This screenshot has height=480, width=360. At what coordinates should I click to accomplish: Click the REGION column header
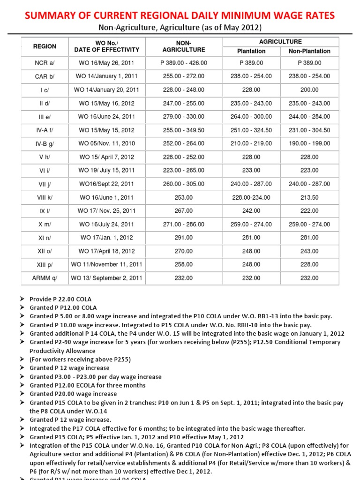click(45, 46)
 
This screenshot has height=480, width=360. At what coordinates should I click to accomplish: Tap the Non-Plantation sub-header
click(309, 51)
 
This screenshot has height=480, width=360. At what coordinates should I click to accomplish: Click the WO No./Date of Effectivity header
click(107, 46)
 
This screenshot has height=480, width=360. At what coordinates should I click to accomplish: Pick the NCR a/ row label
click(45, 63)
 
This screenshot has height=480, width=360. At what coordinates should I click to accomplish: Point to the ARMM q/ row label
click(45, 278)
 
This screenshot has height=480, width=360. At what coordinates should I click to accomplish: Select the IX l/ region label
click(45, 211)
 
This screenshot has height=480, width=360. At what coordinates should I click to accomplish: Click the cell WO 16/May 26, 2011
click(107, 63)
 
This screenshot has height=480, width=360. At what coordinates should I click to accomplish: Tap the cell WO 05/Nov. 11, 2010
click(107, 143)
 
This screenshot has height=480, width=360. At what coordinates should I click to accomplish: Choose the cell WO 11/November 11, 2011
click(107, 265)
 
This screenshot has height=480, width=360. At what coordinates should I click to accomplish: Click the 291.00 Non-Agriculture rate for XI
click(183, 238)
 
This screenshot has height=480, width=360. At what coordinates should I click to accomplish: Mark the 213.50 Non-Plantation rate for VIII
click(309, 197)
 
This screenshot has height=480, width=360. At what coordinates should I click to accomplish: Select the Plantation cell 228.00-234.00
click(251, 197)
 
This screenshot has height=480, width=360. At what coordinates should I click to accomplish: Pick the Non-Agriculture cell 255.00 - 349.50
click(183, 130)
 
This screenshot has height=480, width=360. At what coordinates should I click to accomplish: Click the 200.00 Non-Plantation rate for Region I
click(309, 90)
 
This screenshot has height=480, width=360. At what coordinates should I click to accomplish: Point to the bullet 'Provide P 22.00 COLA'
click(60, 299)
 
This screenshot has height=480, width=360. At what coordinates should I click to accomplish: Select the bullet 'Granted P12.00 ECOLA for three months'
click(87, 385)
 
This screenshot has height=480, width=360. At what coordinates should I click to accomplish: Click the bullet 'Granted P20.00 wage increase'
click(73, 394)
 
